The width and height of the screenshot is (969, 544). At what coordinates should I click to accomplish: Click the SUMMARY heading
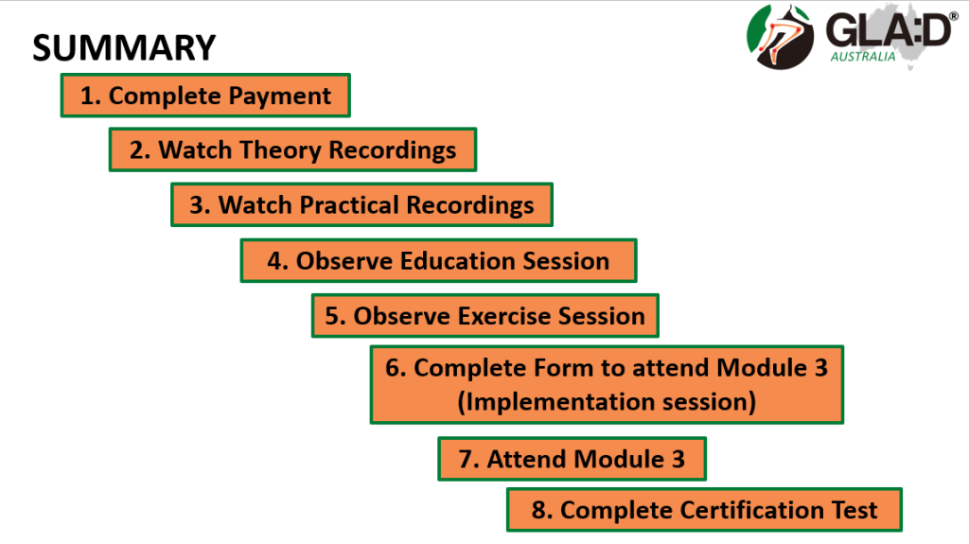click(x=124, y=47)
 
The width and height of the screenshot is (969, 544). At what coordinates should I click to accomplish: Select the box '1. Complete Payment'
click(x=205, y=96)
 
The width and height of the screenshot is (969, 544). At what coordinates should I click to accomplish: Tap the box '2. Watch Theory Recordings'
click(x=292, y=150)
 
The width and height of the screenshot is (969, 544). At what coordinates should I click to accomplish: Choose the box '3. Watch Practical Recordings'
click(x=361, y=205)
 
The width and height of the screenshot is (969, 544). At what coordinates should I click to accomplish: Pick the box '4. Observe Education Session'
click(x=438, y=261)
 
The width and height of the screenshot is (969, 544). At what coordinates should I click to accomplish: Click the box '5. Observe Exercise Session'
click(x=484, y=316)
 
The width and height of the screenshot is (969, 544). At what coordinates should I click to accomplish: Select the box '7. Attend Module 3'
click(x=572, y=460)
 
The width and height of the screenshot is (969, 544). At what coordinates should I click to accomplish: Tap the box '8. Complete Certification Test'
click(x=704, y=511)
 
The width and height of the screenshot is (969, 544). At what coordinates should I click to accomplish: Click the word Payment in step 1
click(x=281, y=96)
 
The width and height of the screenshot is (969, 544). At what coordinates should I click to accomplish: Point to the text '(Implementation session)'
click(x=607, y=402)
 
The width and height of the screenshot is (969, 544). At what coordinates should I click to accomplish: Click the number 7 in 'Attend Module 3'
click(x=466, y=460)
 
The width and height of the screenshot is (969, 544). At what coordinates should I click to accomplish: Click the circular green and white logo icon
click(x=782, y=36)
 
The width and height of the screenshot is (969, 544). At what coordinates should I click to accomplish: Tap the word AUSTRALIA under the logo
click(x=862, y=57)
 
